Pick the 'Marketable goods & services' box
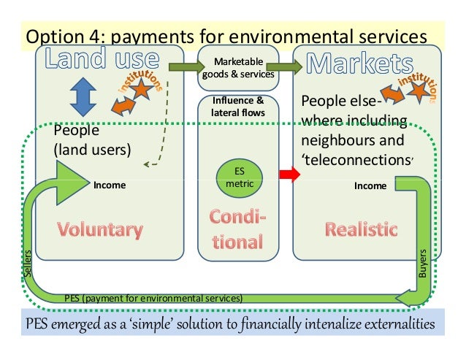pyautogui.click(x=238, y=68)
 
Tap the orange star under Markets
pyautogui.click(x=418, y=91)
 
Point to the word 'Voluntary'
pyautogui.click(x=101, y=230)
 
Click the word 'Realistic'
pyautogui.click(x=362, y=230)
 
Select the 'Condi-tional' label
pyautogui.click(x=238, y=229)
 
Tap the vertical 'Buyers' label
pyautogui.click(x=423, y=262)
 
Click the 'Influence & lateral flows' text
pyautogui.click(x=238, y=107)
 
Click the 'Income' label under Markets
pyautogui.click(x=370, y=186)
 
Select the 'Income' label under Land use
pyautogui.click(x=109, y=185)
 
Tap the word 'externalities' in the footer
pyautogui.click(x=391, y=323)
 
